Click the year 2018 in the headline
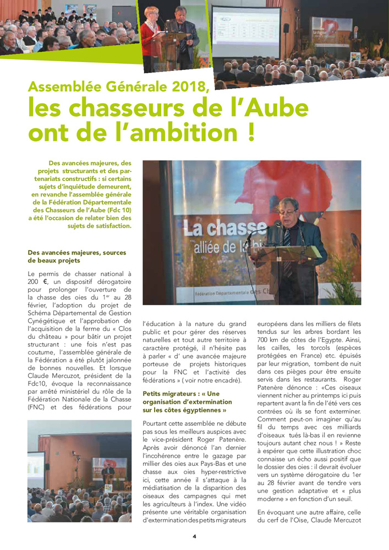185,87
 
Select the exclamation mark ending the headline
250,134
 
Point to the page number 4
194,536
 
